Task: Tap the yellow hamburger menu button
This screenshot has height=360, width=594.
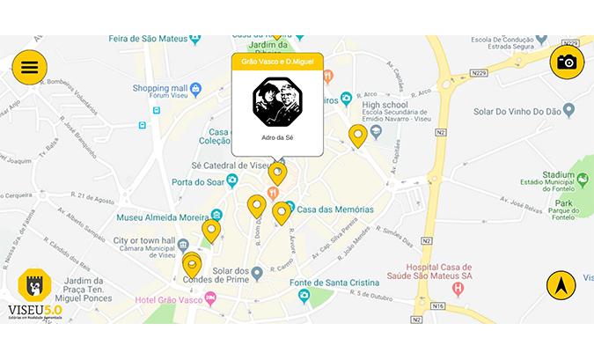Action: tap(30, 67)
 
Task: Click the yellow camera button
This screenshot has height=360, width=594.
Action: tap(567, 62)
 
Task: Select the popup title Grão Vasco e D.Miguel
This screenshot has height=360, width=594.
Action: tap(277, 62)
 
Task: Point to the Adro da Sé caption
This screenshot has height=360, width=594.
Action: tap(277, 138)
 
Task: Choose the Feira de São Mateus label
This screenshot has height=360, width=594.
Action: tap(147, 38)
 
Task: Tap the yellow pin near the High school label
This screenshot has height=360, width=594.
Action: tap(357, 136)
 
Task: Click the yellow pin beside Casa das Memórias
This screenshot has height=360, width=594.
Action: tap(282, 212)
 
